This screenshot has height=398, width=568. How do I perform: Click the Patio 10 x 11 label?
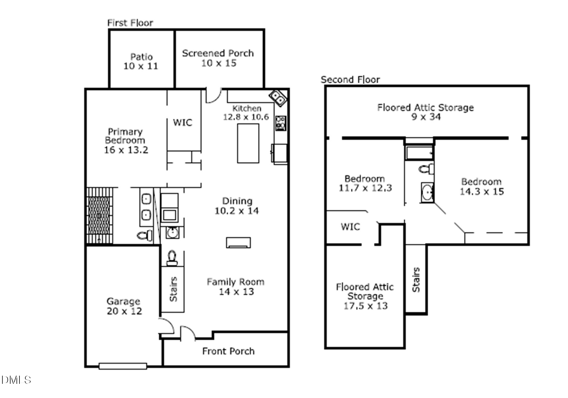(x=141, y=61)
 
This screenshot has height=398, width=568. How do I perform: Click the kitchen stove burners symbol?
(x=280, y=123)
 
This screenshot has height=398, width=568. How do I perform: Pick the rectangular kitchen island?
(x=248, y=143)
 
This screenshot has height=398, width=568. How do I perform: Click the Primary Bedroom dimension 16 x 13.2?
(x=126, y=150)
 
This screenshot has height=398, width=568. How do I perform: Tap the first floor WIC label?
(x=182, y=123)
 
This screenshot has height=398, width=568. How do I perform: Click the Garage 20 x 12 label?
(x=124, y=306)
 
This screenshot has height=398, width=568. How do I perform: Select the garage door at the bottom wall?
(x=123, y=366)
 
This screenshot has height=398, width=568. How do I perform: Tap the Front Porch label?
(x=228, y=351)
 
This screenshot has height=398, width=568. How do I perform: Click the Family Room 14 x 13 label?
(x=235, y=286)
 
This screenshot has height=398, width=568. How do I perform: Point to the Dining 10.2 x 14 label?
(x=237, y=206)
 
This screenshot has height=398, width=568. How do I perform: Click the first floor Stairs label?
(x=173, y=289)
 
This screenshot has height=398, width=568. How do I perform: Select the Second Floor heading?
(x=350, y=79)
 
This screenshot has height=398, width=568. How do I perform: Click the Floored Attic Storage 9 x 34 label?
(x=425, y=112)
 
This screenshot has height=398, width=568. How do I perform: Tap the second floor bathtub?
(x=419, y=153)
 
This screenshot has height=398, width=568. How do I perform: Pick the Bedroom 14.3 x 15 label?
(x=482, y=187)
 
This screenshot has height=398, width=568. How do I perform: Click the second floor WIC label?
(x=350, y=227)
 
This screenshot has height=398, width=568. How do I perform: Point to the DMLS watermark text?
(x=16, y=380)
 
